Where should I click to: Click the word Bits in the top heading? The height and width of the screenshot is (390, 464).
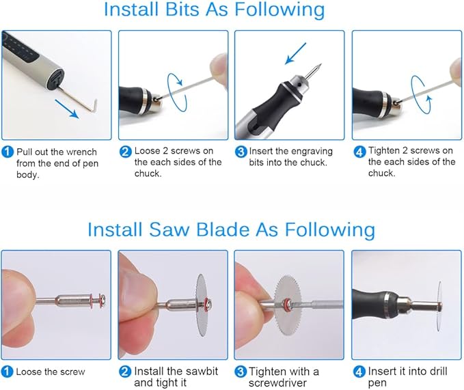pyautogui.click(x=182, y=9)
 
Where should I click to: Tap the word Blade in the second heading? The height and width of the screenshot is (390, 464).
pyautogui.click(x=223, y=229)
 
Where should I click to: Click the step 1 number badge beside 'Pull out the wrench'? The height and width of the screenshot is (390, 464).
pyautogui.click(x=8, y=152)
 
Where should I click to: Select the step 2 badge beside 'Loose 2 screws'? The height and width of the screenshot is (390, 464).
pyautogui.click(x=125, y=152)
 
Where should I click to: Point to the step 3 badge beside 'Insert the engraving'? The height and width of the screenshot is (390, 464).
pyautogui.click(x=241, y=152)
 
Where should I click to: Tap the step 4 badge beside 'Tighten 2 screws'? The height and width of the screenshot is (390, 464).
pyautogui.click(x=359, y=152)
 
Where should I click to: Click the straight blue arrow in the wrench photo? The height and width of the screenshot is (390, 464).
pyautogui.click(x=67, y=109)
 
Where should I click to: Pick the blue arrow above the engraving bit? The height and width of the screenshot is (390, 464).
pyautogui.click(x=296, y=53)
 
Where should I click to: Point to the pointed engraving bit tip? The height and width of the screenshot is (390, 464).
pyautogui.click(x=320, y=64)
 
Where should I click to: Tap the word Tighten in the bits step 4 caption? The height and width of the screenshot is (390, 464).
pyautogui.click(x=383, y=151)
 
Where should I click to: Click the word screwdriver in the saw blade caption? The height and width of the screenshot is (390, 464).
pyautogui.click(x=277, y=383)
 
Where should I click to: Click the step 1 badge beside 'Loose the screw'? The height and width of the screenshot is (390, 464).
pyautogui.click(x=7, y=372)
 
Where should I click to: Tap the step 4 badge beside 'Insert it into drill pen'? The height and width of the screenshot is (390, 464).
pyautogui.click(x=359, y=372)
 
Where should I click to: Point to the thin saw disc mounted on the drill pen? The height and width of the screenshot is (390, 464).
pyautogui.click(x=439, y=306)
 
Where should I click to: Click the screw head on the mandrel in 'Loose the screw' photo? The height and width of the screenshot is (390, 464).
pyautogui.click(x=103, y=301)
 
